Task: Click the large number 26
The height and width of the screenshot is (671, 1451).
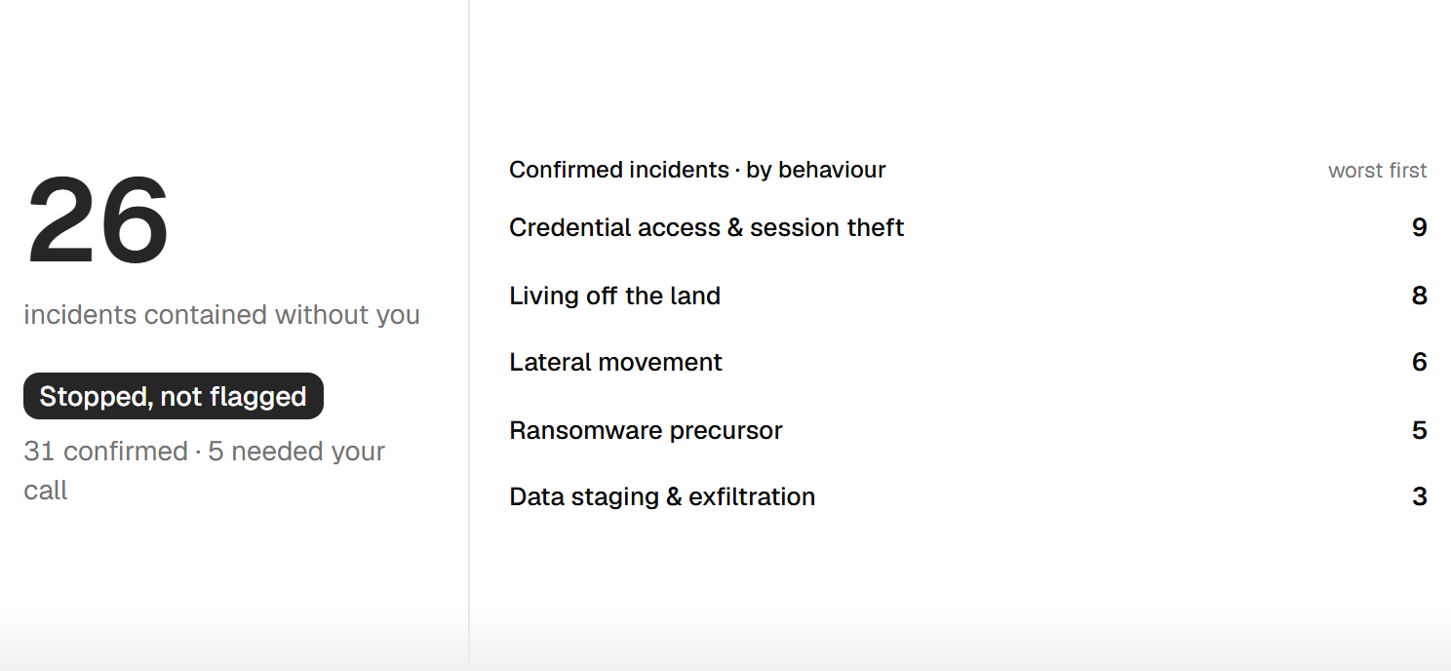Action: (98, 219)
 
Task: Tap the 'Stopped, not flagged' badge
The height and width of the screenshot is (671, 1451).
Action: (174, 396)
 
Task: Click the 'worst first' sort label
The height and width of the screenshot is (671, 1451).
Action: (1377, 171)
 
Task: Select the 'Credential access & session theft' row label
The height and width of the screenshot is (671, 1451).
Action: (706, 227)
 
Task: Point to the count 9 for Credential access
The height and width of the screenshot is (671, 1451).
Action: (1419, 227)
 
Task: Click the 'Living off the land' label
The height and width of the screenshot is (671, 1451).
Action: (614, 296)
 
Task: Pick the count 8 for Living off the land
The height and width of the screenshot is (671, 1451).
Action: (1419, 296)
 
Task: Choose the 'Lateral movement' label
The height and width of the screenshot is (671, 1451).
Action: (615, 362)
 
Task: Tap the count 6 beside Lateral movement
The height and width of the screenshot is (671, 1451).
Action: (1419, 362)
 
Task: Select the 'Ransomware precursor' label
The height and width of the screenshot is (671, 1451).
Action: (646, 430)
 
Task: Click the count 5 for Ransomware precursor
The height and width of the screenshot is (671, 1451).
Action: (1419, 430)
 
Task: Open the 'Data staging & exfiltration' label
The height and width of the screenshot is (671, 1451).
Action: (662, 496)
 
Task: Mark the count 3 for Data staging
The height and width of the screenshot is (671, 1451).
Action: (1419, 496)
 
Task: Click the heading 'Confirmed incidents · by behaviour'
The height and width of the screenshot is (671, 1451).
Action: (697, 170)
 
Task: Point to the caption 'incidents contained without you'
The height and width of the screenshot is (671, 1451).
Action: (221, 315)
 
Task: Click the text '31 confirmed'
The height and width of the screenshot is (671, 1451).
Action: (105, 451)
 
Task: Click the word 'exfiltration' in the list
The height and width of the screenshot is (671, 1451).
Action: (752, 496)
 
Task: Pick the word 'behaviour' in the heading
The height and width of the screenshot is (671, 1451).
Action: (832, 170)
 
